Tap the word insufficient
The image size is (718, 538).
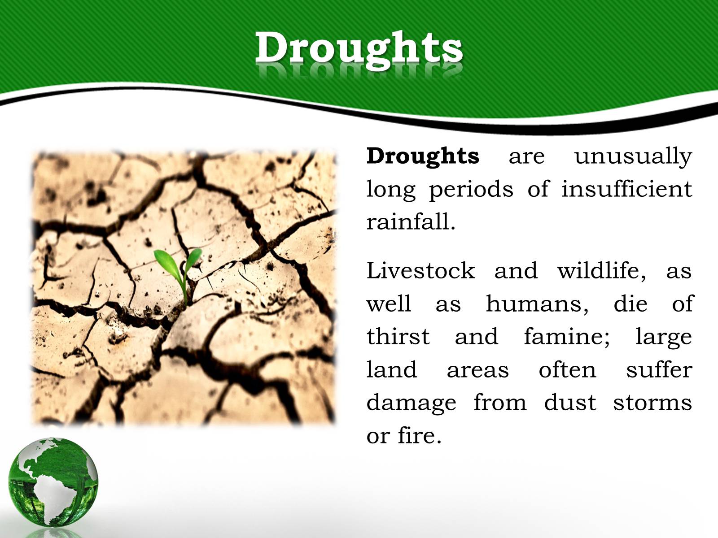click(x=627, y=189)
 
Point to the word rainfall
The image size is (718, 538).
click(x=411, y=222)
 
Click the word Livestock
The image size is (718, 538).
click(x=420, y=270)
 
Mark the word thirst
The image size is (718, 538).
click(x=398, y=336)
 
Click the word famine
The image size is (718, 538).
click(x=567, y=337)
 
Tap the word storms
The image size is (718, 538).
click(x=652, y=403)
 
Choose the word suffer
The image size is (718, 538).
click(x=659, y=369)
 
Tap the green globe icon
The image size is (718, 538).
click(x=53, y=482)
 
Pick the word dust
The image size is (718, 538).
click(x=570, y=403)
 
